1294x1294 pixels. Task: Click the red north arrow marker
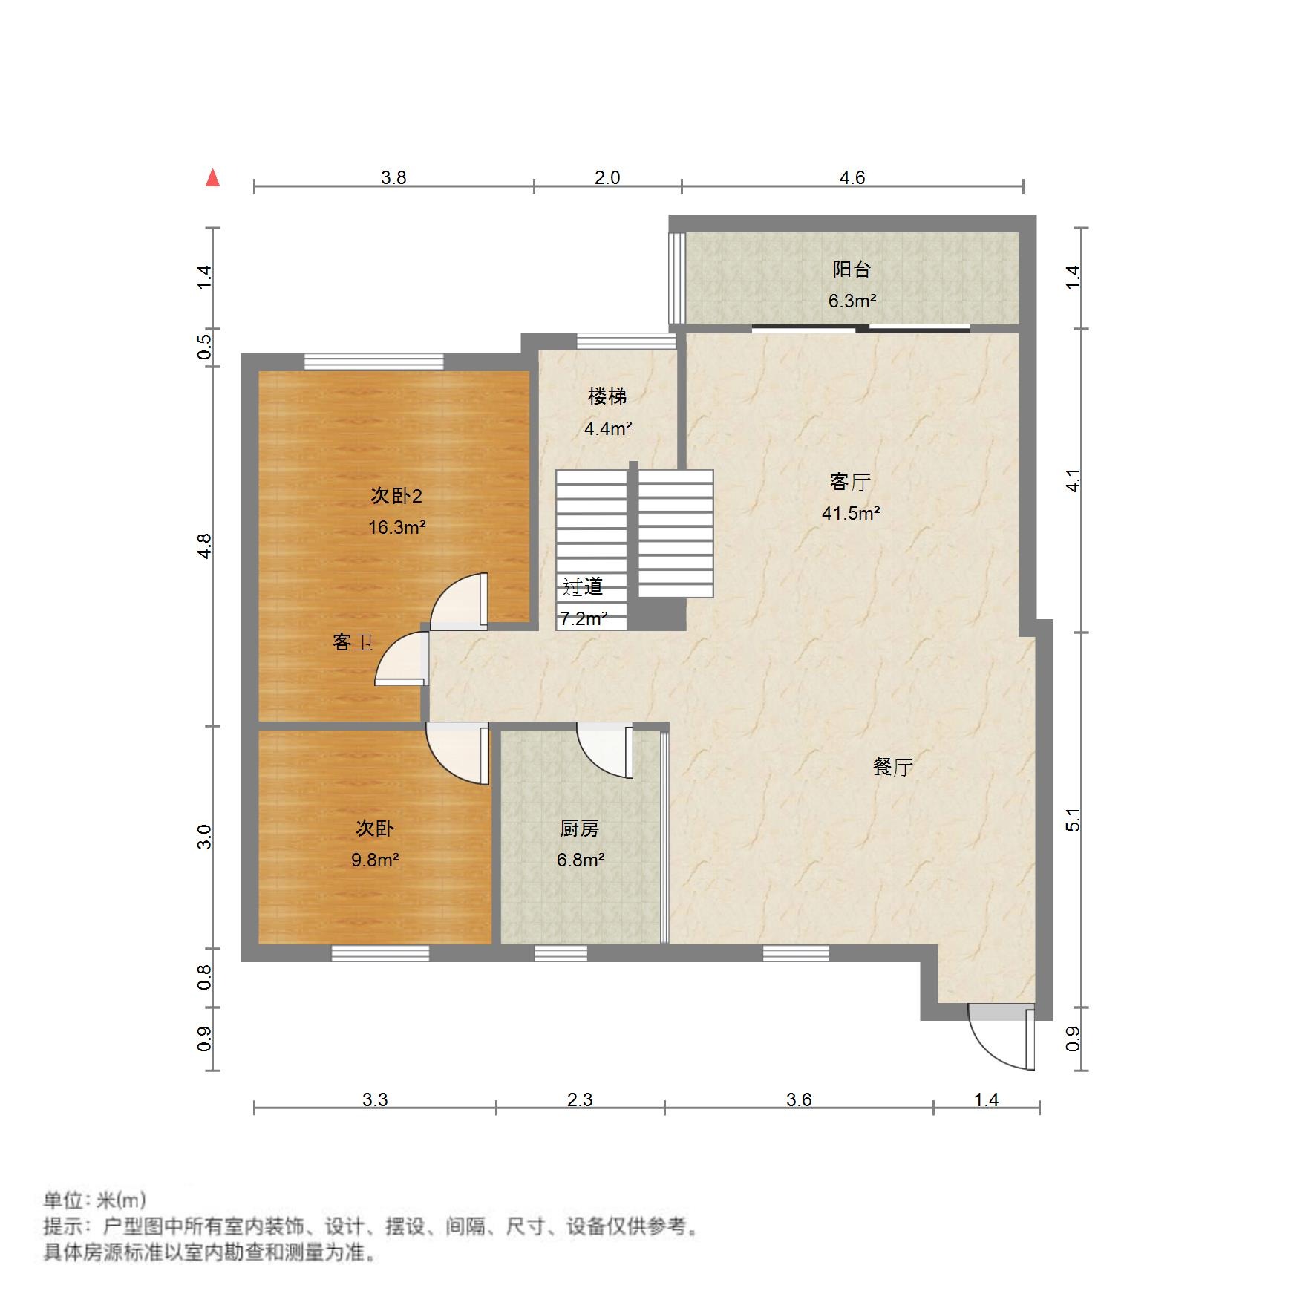(213, 177)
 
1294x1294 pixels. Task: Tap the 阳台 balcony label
(851, 269)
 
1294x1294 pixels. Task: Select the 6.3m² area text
(852, 301)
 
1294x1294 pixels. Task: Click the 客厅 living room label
(850, 482)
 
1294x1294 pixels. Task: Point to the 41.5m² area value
(851, 513)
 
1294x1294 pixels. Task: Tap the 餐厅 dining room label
(892, 767)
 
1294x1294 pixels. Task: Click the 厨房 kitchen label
(579, 829)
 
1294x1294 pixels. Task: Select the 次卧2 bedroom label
(396, 495)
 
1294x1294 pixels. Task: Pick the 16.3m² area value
(396, 527)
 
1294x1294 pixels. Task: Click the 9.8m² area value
(375, 860)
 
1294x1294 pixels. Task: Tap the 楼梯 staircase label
(607, 396)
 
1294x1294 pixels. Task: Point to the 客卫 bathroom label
(353, 642)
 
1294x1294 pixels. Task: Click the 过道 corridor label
(583, 587)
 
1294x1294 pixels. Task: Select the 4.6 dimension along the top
(852, 177)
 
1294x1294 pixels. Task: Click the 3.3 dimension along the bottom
(375, 1099)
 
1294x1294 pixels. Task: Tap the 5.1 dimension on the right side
(1073, 819)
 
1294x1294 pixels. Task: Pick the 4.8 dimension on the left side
(205, 546)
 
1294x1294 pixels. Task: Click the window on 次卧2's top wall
(373, 362)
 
